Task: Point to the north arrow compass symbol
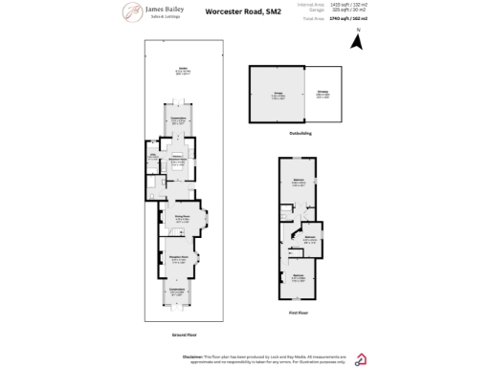357,41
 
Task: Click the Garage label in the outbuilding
275,94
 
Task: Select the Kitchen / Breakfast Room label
177,160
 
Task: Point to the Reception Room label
178,257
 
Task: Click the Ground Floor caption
180,335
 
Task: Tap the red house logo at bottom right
362,358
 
